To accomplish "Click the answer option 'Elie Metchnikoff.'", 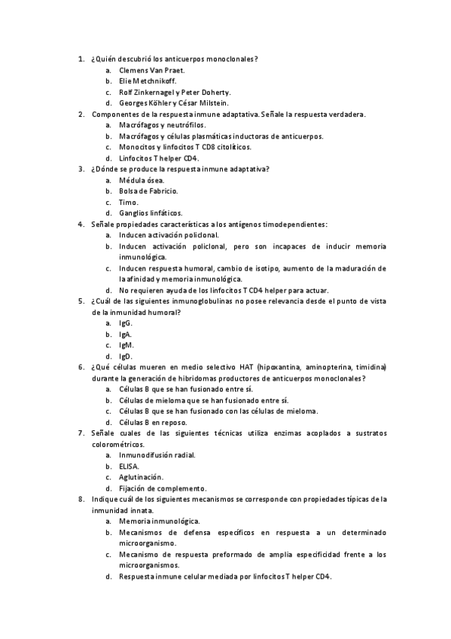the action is [147, 81].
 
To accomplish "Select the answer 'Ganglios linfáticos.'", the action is [151, 213].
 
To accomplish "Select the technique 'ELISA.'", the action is [130, 466].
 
